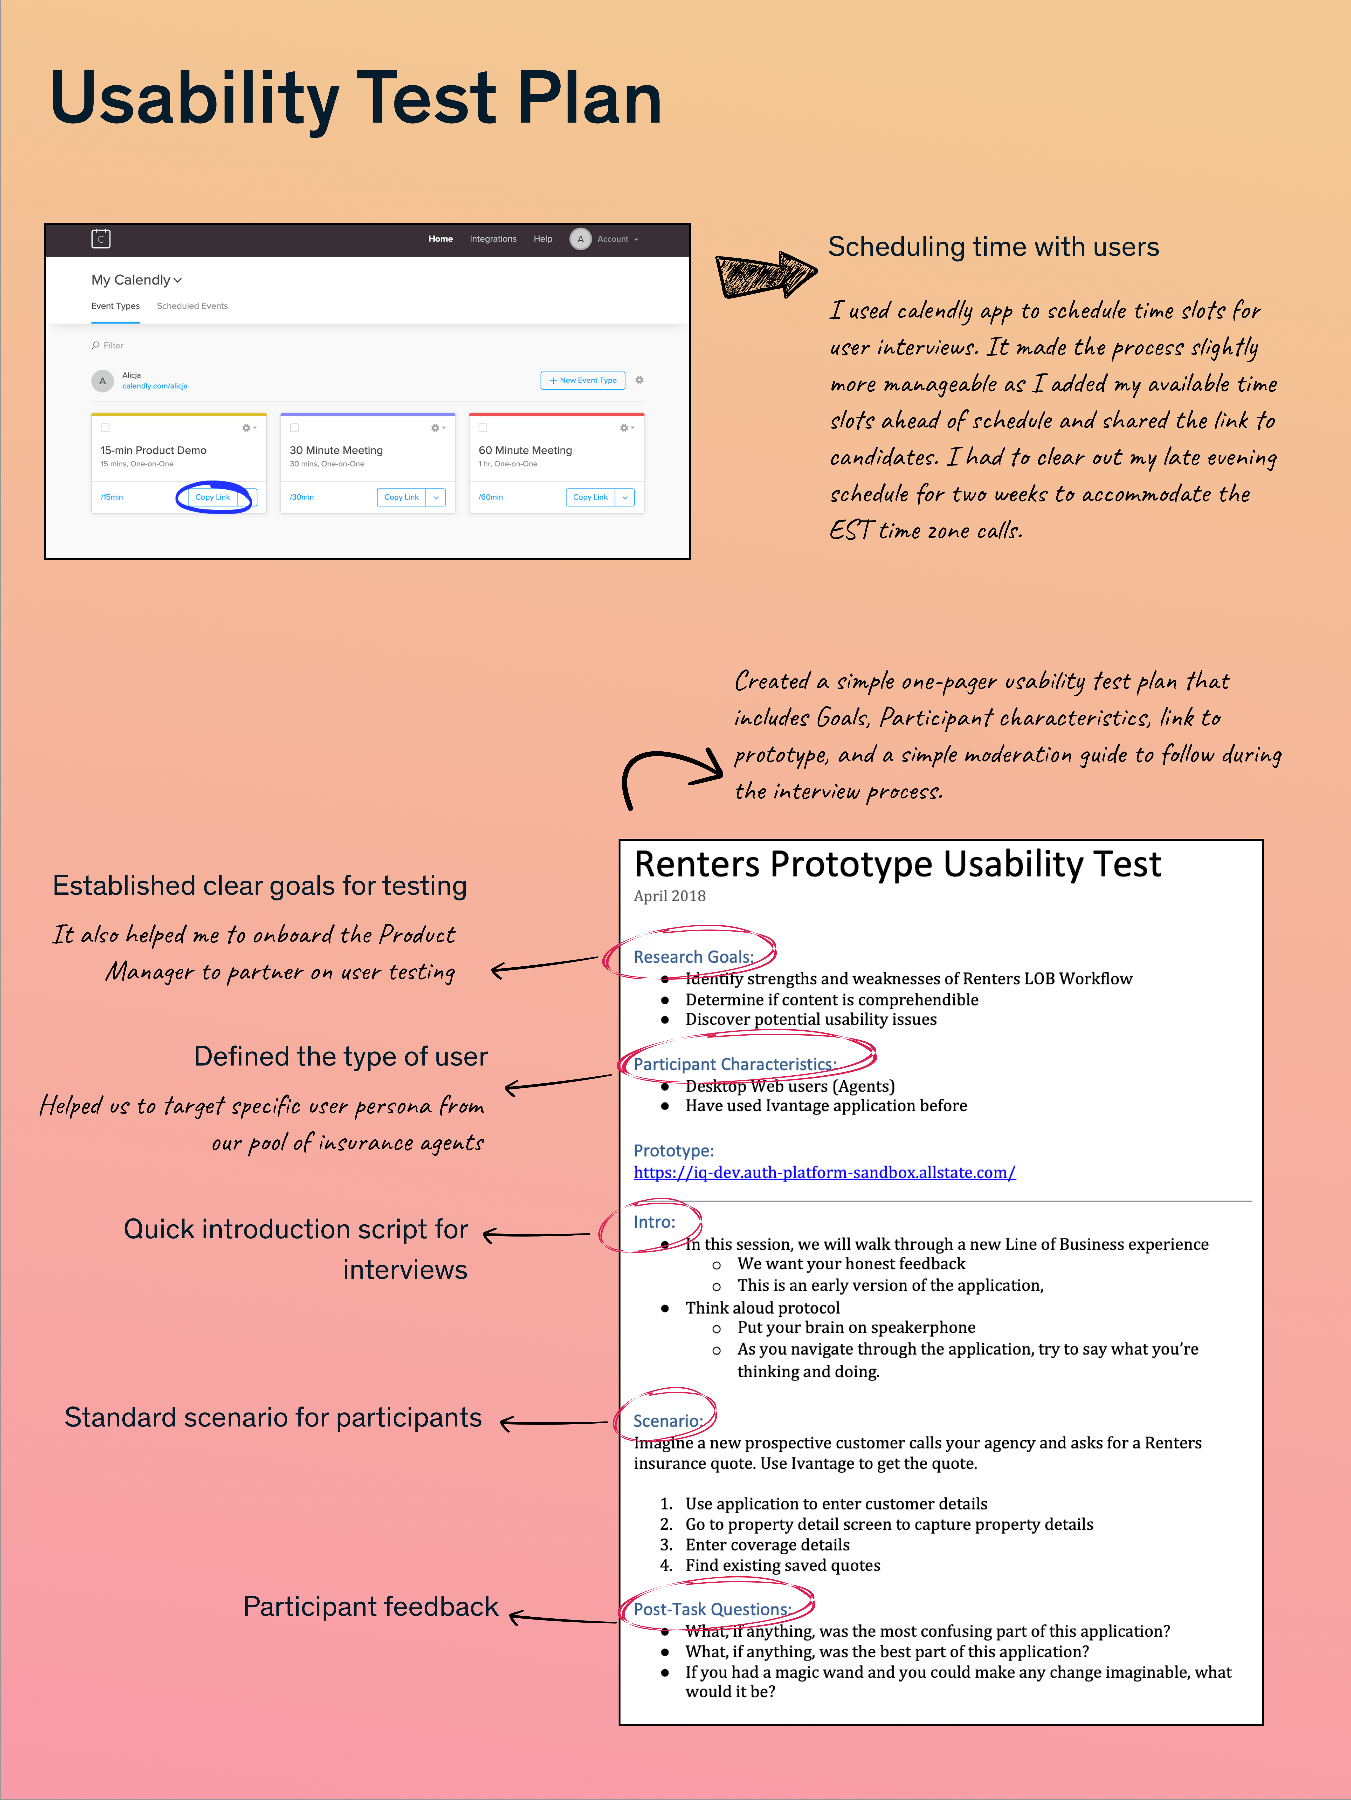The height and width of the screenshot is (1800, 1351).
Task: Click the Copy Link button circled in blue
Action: coord(212,497)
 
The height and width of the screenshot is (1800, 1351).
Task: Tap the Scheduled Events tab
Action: coord(192,306)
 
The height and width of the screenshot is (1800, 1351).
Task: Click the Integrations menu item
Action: coord(492,239)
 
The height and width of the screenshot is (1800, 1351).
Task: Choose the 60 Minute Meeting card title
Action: coord(525,450)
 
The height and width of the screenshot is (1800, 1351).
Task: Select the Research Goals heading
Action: coord(693,957)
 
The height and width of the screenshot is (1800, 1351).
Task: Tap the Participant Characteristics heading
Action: coord(734,1064)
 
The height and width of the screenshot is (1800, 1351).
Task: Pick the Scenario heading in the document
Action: coord(667,1421)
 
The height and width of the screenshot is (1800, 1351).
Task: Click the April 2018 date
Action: coord(669,896)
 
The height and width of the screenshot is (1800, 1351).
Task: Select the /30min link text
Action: coord(302,497)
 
